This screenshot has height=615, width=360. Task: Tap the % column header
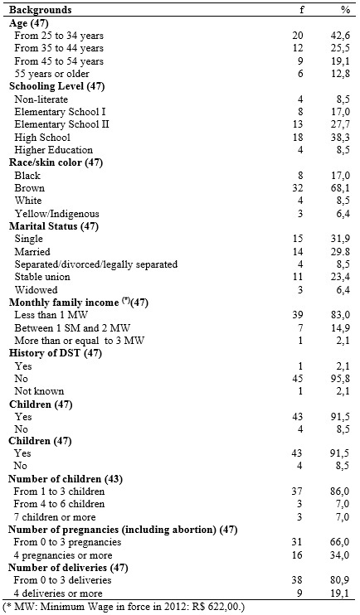[345, 9]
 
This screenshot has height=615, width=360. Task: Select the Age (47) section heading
[29, 22]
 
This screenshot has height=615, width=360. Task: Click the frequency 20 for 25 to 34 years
[298, 36]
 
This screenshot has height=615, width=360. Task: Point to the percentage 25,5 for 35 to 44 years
[340, 48]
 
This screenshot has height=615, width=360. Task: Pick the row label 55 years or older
[51, 74]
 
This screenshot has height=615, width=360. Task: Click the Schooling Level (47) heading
[57, 86]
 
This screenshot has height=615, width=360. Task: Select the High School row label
[42, 138]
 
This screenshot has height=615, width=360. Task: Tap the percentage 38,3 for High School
[340, 138]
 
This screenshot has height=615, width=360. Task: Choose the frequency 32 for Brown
[298, 188]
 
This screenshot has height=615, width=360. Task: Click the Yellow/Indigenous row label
[57, 214]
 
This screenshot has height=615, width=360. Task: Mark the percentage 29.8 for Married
[340, 252]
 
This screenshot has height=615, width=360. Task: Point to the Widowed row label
[36, 290]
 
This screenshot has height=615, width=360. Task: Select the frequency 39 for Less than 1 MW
[298, 315]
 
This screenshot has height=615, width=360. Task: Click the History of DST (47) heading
[56, 353]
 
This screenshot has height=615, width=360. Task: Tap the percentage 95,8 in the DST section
[340, 379]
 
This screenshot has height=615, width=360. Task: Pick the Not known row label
[39, 391]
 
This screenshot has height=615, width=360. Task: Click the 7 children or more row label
[55, 517]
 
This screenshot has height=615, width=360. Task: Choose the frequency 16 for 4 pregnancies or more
[298, 555]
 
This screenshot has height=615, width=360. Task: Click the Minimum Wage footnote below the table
[124, 608]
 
